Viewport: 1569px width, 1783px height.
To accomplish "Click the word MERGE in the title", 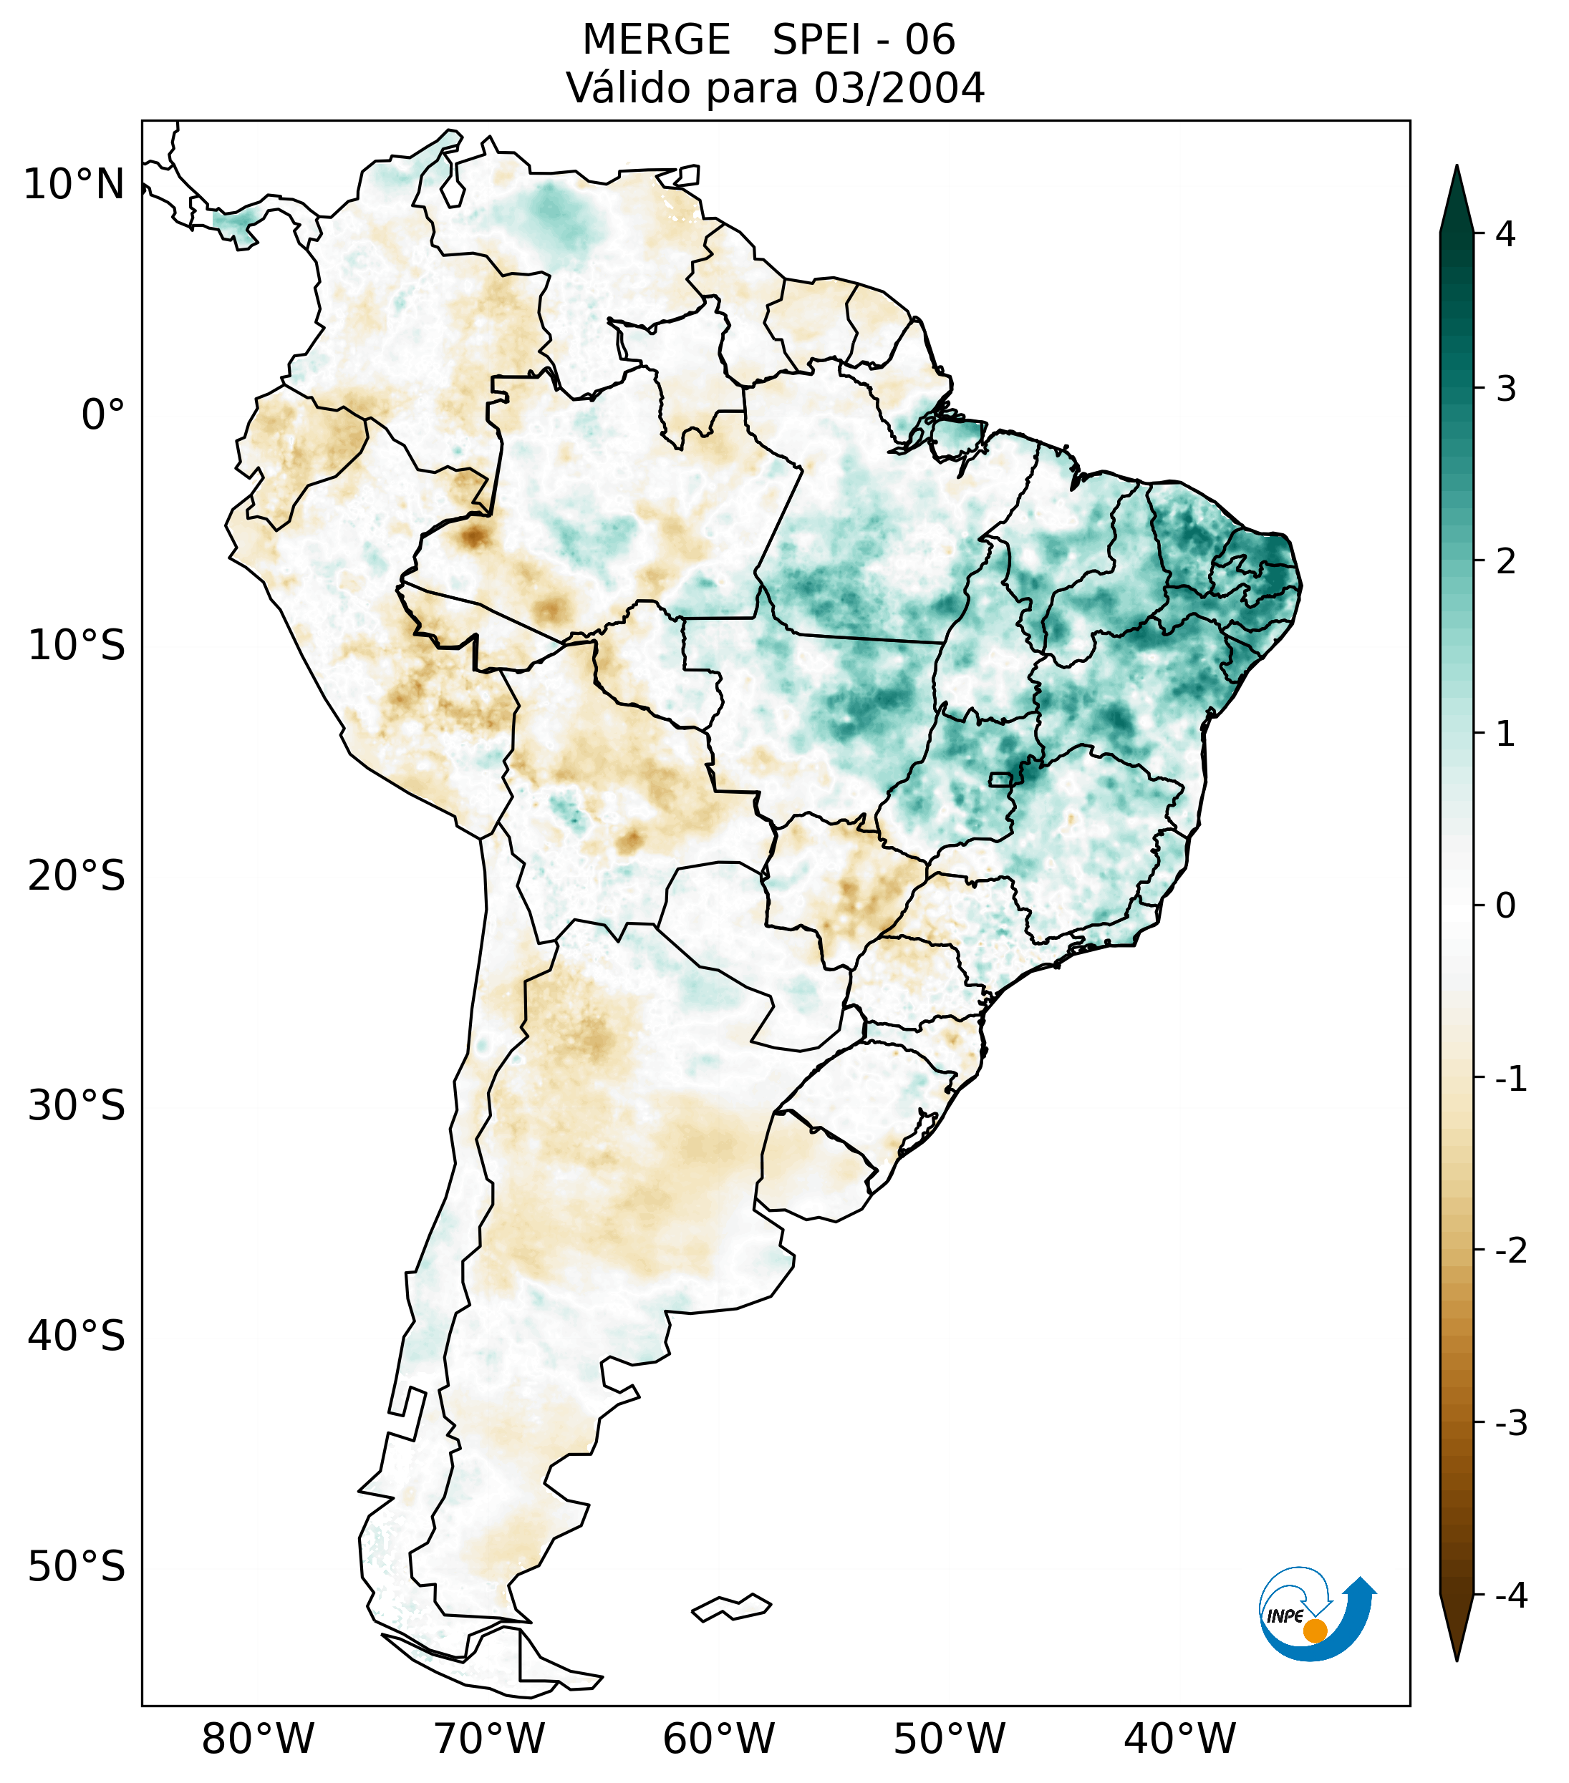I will click(655, 40).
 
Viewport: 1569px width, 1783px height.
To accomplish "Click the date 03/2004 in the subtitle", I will click(899, 88).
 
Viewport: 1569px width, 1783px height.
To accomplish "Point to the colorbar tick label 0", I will click(1505, 905).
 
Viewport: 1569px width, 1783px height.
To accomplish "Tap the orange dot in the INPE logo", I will click(1314, 1631).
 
